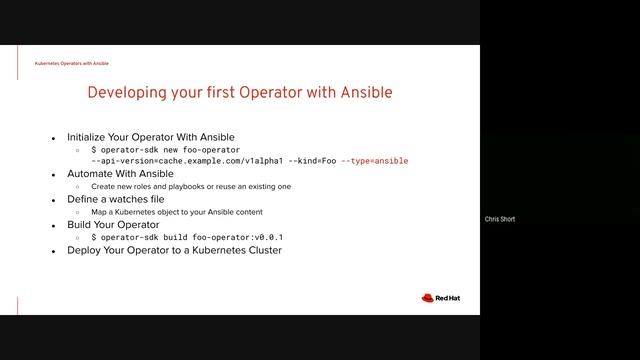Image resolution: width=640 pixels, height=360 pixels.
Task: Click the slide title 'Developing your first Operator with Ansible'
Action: [240, 93]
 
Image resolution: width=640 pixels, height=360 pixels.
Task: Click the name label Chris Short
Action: [499, 219]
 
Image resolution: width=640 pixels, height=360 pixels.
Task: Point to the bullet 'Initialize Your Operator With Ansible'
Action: [150, 136]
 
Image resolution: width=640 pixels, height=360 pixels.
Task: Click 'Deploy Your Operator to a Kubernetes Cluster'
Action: [174, 250]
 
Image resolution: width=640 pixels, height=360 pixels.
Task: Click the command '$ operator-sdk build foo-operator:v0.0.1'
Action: [187, 237]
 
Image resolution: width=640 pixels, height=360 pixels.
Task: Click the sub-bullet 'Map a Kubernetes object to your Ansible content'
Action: [189, 212]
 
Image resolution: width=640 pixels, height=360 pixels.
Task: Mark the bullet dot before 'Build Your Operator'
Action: [54, 225]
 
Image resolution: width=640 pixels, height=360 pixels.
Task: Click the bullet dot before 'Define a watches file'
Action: [54, 199]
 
